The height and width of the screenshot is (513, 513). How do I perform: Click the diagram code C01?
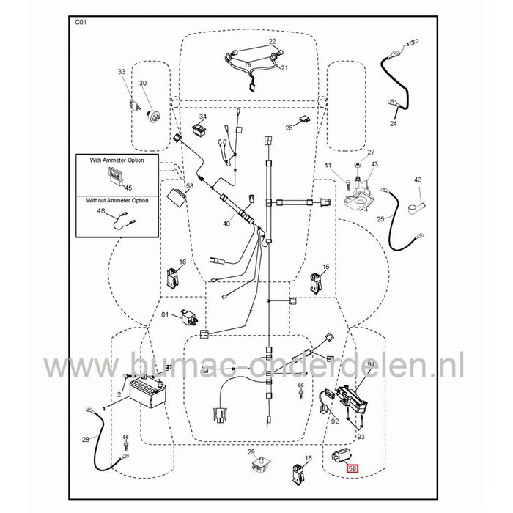81,23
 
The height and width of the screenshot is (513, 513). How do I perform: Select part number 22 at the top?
251,41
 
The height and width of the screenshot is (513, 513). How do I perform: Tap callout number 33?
122,72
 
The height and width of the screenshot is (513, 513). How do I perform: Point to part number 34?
203,117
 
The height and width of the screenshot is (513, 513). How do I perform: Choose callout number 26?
289,128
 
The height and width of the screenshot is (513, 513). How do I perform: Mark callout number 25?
380,218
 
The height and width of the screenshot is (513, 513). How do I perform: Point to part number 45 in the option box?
129,188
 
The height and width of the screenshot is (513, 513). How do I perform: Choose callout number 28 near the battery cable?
86,440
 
